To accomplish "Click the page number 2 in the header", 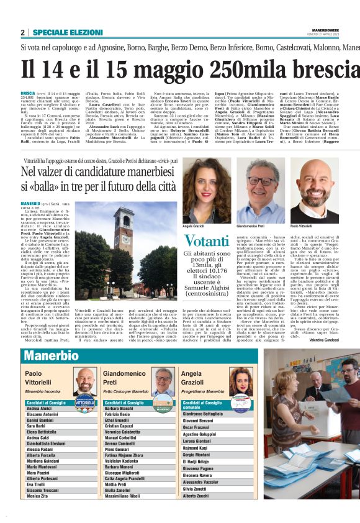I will click(22, 32).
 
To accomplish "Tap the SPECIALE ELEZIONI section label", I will click(68, 32).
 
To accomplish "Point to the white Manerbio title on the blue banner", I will click(52, 356).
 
